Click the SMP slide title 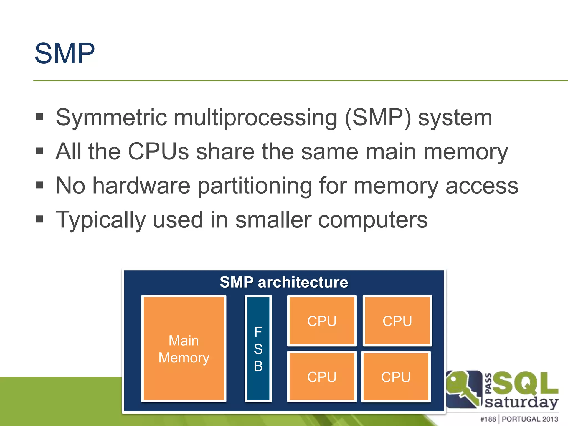coord(65,53)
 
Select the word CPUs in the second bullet coord(158,152)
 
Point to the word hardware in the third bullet coord(141,186)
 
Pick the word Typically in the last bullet coord(101,220)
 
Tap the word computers coord(373,220)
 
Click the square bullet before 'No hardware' coord(40,185)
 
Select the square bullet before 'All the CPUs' coord(40,151)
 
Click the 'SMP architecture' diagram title coord(284,282)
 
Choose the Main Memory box coord(184,349)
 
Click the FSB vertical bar coord(258,349)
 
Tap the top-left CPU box coord(322,321)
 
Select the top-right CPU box coord(397,321)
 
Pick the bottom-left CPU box coord(322,377)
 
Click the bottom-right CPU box coord(396,377)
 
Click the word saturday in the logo coord(521,402)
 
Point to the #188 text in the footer coord(488,419)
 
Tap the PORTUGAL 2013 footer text coord(530,419)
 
